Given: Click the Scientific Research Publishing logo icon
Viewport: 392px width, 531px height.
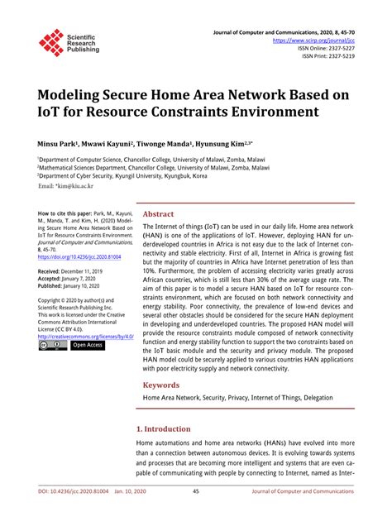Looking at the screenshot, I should (x=51, y=42).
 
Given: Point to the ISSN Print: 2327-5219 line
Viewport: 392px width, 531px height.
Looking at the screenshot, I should (x=327, y=56).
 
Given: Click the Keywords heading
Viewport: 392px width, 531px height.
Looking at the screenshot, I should (x=161, y=385).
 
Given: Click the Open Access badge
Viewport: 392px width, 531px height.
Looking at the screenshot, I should (x=88, y=346).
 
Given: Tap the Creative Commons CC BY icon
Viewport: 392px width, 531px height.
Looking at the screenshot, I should (x=52, y=346).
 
